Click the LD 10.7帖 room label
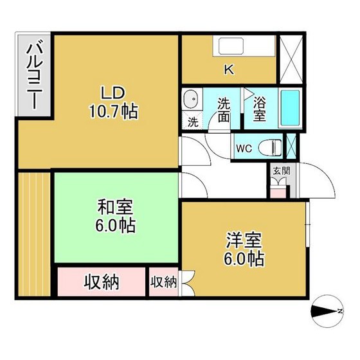(x=114, y=102)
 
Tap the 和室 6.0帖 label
(x=116, y=216)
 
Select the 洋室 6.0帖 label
(x=244, y=249)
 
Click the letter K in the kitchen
(x=229, y=69)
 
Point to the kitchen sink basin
(x=231, y=46)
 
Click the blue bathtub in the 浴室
(x=290, y=108)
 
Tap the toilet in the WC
(x=270, y=147)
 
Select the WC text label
(x=244, y=148)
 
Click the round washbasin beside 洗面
(x=192, y=99)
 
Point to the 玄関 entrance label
(x=282, y=170)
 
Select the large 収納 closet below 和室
(x=102, y=282)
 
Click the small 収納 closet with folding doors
(x=164, y=282)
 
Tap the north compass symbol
(x=327, y=311)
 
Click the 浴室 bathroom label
(x=260, y=109)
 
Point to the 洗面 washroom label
(x=224, y=110)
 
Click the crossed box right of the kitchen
(x=291, y=60)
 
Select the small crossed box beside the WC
(x=292, y=147)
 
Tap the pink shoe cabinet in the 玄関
(x=278, y=193)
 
